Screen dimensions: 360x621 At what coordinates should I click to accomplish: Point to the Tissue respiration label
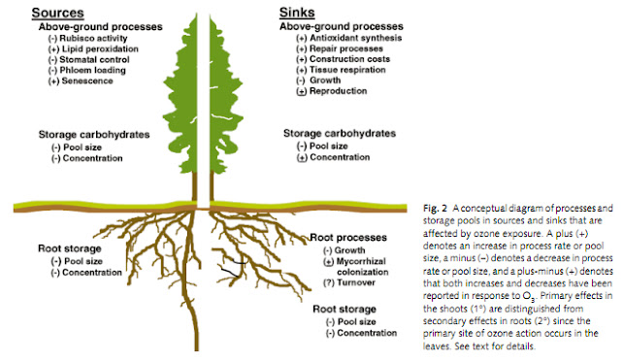tap(343, 70)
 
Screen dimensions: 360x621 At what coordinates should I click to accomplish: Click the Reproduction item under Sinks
tap(333, 91)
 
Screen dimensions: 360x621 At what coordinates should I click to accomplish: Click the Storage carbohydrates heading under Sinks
tap(340, 133)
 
